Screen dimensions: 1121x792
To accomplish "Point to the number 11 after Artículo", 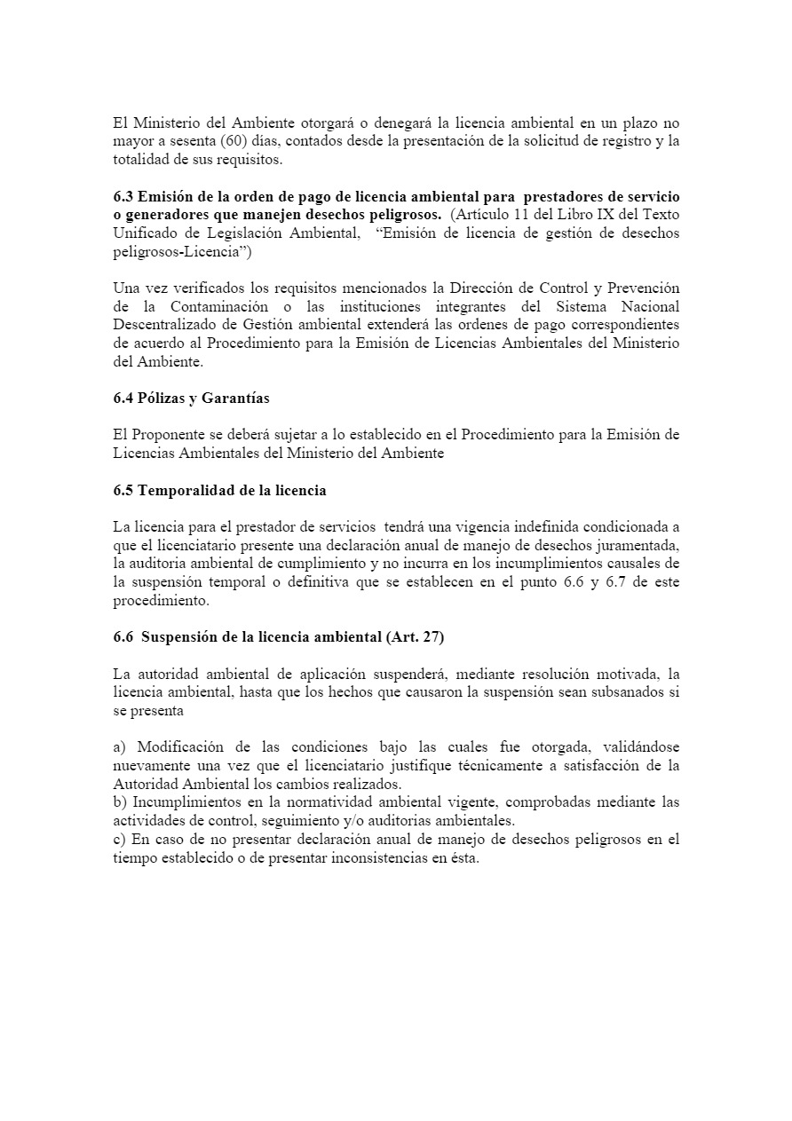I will [511, 215].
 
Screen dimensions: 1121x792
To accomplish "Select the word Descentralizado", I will [168, 325].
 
